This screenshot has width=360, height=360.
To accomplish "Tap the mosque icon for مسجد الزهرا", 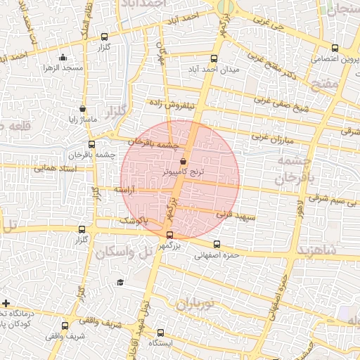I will (64, 58).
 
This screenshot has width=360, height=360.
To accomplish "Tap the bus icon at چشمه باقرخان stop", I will (91, 145).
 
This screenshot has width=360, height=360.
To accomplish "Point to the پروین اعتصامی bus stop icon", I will (334, 49).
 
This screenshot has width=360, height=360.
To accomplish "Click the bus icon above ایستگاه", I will (161, 333).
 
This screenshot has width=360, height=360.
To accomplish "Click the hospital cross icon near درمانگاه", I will (6, 302).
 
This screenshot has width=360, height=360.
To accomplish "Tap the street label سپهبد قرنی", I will (236, 214).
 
